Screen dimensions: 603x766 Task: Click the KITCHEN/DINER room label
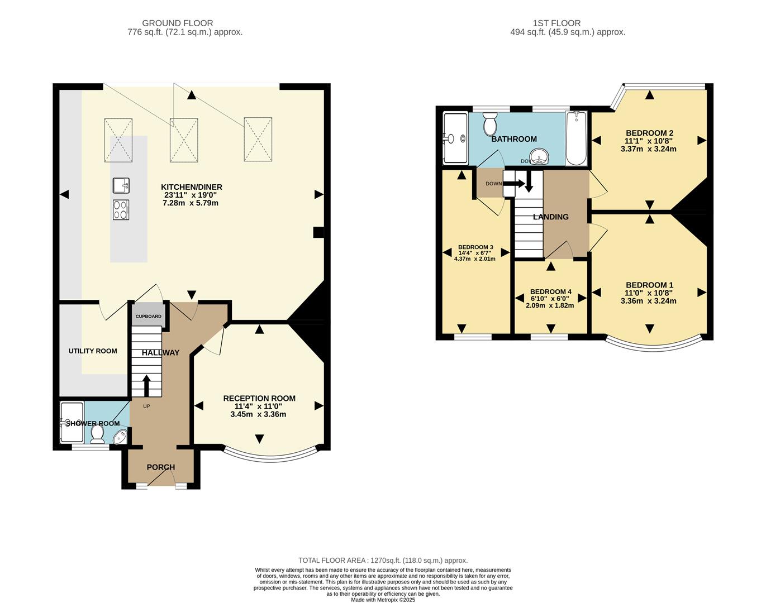tap(192, 187)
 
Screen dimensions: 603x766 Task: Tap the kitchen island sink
tap(121, 185)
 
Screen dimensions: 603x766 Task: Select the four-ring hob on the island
tap(121, 210)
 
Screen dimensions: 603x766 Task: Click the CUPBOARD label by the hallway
tap(148, 317)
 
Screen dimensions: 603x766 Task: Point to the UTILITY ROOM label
tap(93, 351)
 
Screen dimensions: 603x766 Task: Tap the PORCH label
tap(161, 467)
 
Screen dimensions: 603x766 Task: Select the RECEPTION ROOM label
tap(259, 398)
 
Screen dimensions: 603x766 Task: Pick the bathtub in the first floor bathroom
tap(576, 138)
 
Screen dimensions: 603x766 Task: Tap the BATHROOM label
tap(514, 139)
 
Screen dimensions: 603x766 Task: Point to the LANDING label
tap(550, 217)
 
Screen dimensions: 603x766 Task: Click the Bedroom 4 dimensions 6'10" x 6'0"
tap(550, 299)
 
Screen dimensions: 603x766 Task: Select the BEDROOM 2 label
tap(649, 133)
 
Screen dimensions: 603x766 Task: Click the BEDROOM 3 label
tap(475, 247)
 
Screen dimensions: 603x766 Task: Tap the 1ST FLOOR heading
tap(556, 23)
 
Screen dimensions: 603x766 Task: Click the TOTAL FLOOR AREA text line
tap(383, 561)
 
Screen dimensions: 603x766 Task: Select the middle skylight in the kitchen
tap(184, 140)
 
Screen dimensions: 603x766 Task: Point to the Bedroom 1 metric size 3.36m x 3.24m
tap(648, 301)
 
